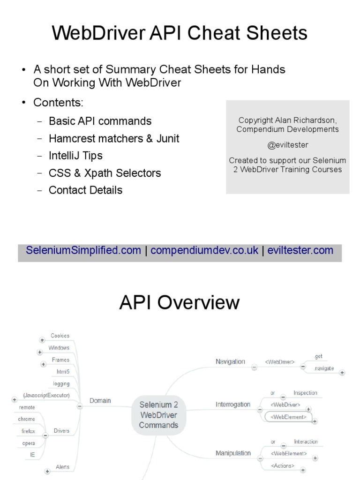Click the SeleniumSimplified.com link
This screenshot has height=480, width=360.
83,250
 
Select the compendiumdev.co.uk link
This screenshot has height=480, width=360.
204,250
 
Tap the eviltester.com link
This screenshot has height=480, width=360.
300,250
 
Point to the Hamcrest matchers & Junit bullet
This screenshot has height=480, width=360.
114,138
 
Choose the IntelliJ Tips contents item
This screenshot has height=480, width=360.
75,156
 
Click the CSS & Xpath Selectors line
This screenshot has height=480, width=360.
105,173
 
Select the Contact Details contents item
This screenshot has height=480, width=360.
85,190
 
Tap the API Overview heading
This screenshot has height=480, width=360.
180,303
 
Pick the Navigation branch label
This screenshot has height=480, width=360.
230,361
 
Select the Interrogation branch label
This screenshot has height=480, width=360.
233,405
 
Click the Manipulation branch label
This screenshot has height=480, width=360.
233,453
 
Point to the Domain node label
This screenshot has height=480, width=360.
100,401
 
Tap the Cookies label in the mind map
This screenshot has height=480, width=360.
60,336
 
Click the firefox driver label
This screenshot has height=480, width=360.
28,431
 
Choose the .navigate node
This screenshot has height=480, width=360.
323,368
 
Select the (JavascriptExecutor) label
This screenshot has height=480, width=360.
46,396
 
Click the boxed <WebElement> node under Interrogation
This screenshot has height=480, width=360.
288,416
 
